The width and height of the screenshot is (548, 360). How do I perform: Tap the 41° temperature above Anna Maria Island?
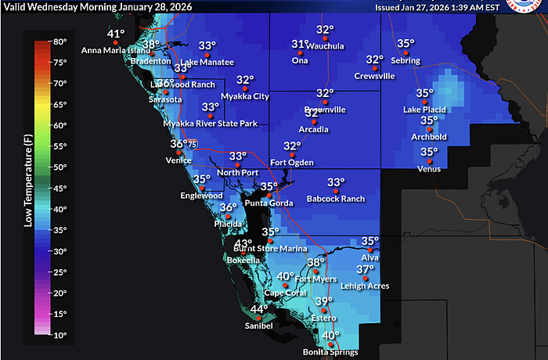116,34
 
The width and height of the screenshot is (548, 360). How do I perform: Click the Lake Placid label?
423,110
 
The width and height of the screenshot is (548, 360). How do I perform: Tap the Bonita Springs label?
330,352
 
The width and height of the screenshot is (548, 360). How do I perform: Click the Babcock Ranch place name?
336,199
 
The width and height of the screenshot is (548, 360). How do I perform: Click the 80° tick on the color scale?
59,41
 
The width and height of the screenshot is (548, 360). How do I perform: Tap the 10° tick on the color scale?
59,334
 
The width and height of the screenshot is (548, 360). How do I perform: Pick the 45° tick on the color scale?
59,188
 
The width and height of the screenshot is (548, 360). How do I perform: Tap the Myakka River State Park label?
210,124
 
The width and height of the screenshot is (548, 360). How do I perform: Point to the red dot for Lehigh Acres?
362,278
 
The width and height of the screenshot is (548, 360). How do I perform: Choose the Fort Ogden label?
291,163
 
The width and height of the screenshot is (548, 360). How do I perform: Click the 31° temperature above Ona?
300,45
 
